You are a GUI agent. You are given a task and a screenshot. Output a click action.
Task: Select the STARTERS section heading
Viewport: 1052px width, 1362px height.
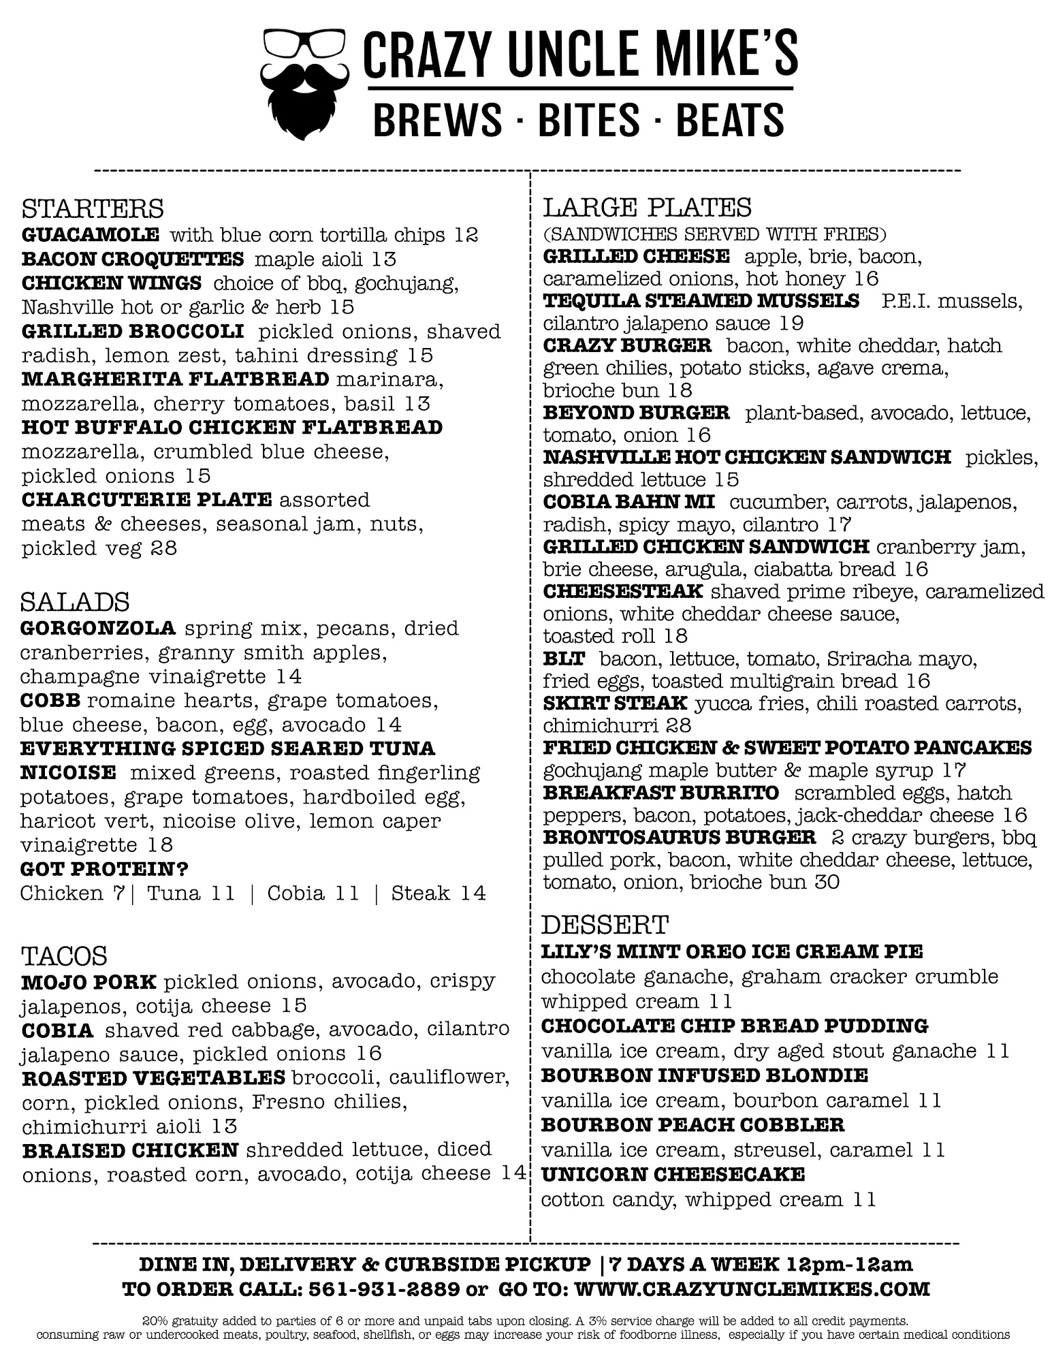click(x=93, y=208)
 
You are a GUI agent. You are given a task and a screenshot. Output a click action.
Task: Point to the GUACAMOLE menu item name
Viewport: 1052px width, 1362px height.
click(x=91, y=236)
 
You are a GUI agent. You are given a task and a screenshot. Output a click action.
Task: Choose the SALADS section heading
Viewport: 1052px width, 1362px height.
click(x=75, y=602)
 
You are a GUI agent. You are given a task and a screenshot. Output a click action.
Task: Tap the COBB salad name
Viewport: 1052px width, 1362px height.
click(x=50, y=701)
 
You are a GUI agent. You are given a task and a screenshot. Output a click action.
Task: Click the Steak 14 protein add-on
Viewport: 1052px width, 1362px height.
click(x=439, y=893)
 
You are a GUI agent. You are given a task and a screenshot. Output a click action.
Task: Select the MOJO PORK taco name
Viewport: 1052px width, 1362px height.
click(x=89, y=982)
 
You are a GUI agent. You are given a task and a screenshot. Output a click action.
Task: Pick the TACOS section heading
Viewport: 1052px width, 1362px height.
click(x=64, y=956)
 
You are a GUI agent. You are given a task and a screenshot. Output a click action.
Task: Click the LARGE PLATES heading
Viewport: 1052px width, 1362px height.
click(x=647, y=207)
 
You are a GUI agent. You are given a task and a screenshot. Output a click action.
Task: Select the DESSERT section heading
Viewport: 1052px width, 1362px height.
click(x=605, y=925)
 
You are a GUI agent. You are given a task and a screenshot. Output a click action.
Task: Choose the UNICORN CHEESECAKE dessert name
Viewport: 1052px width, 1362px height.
click(x=673, y=1174)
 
